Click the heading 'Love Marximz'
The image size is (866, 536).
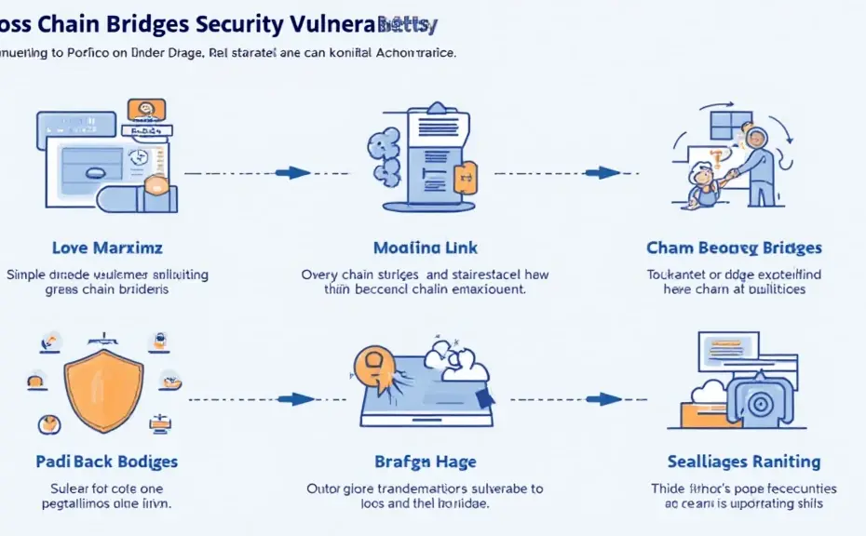pyautogui.click(x=107, y=248)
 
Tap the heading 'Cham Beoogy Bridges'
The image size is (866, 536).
pyautogui.click(x=734, y=248)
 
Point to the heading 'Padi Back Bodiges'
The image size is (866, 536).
pyautogui.click(x=107, y=462)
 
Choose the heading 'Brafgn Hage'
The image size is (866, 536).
pyautogui.click(x=426, y=462)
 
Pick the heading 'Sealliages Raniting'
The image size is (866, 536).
pyautogui.click(x=744, y=462)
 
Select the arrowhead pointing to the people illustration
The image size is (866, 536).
pyautogui.click(x=608, y=172)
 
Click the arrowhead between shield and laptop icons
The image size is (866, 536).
pyautogui.click(x=299, y=399)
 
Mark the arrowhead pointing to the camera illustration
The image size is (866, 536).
pyautogui.click(x=609, y=399)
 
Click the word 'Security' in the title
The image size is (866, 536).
pyautogui.click(x=248, y=22)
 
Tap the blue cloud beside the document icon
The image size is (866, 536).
pyautogui.click(x=383, y=154)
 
